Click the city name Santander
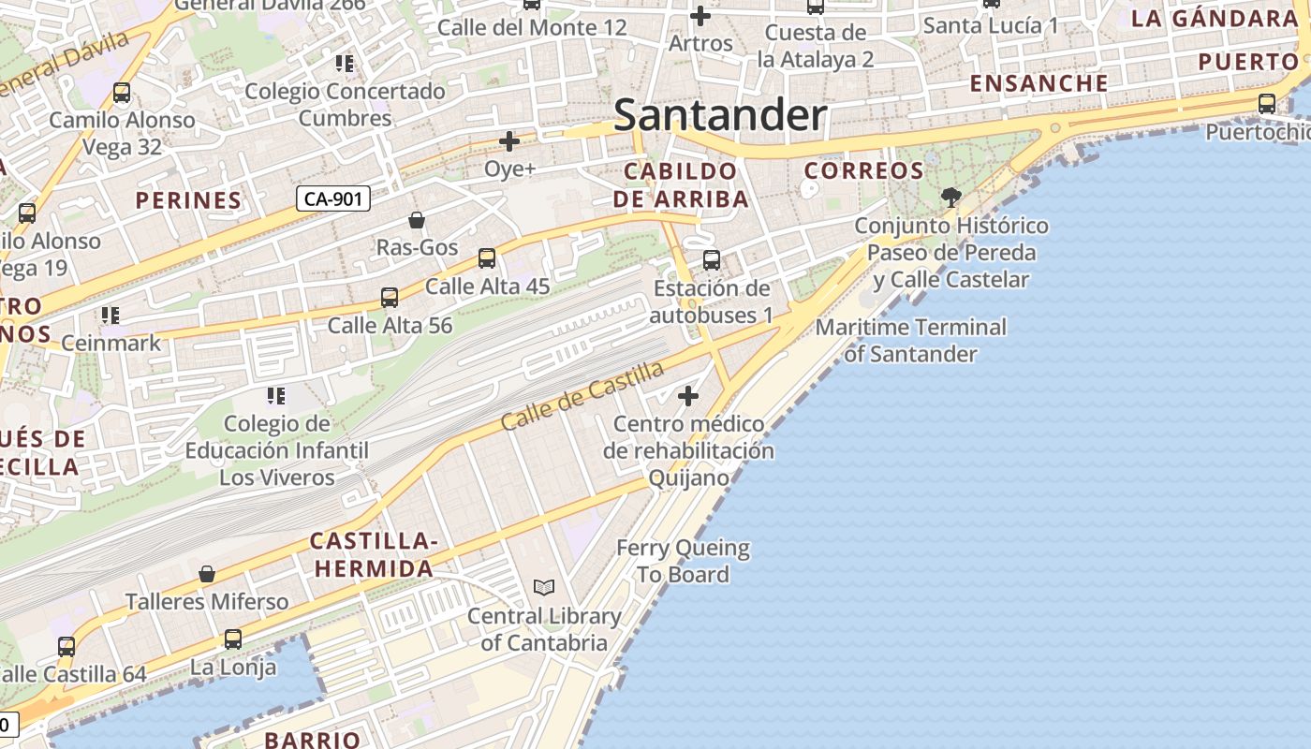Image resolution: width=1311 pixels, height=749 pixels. (x=720, y=116)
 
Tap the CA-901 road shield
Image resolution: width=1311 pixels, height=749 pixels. (x=334, y=198)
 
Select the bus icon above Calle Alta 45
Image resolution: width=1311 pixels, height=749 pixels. (x=487, y=258)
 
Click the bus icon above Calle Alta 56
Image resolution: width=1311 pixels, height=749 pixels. (x=390, y=298)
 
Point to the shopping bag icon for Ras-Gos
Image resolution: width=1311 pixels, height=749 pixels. (x=417, y=220)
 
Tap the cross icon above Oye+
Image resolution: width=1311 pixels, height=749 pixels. (x=509, y=141)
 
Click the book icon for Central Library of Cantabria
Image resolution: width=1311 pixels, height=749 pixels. (x=544, y=588)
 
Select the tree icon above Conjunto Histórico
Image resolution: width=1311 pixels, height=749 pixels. (x=951, y=197)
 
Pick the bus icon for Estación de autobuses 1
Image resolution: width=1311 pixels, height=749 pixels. (x=712, y=259)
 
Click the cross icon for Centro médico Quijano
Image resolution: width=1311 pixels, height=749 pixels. (x=688, y=396)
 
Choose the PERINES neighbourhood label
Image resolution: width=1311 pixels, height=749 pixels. (x=188, y=200)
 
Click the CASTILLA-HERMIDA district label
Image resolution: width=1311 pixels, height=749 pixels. (x=374, y=554)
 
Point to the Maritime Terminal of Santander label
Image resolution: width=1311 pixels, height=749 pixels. (x=910, y=341)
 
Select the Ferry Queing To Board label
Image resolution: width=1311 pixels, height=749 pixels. (x=684, y=561)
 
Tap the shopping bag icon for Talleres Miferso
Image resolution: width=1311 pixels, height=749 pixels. (x=207, y=574)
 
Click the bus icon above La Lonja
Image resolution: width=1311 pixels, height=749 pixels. (x=233, y=639)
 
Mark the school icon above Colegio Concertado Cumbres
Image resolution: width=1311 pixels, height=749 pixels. (x=345, y=64)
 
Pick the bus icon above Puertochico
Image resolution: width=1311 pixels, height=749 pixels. (x=1267, y=103)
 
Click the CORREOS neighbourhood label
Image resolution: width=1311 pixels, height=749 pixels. (x=864, y=171)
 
